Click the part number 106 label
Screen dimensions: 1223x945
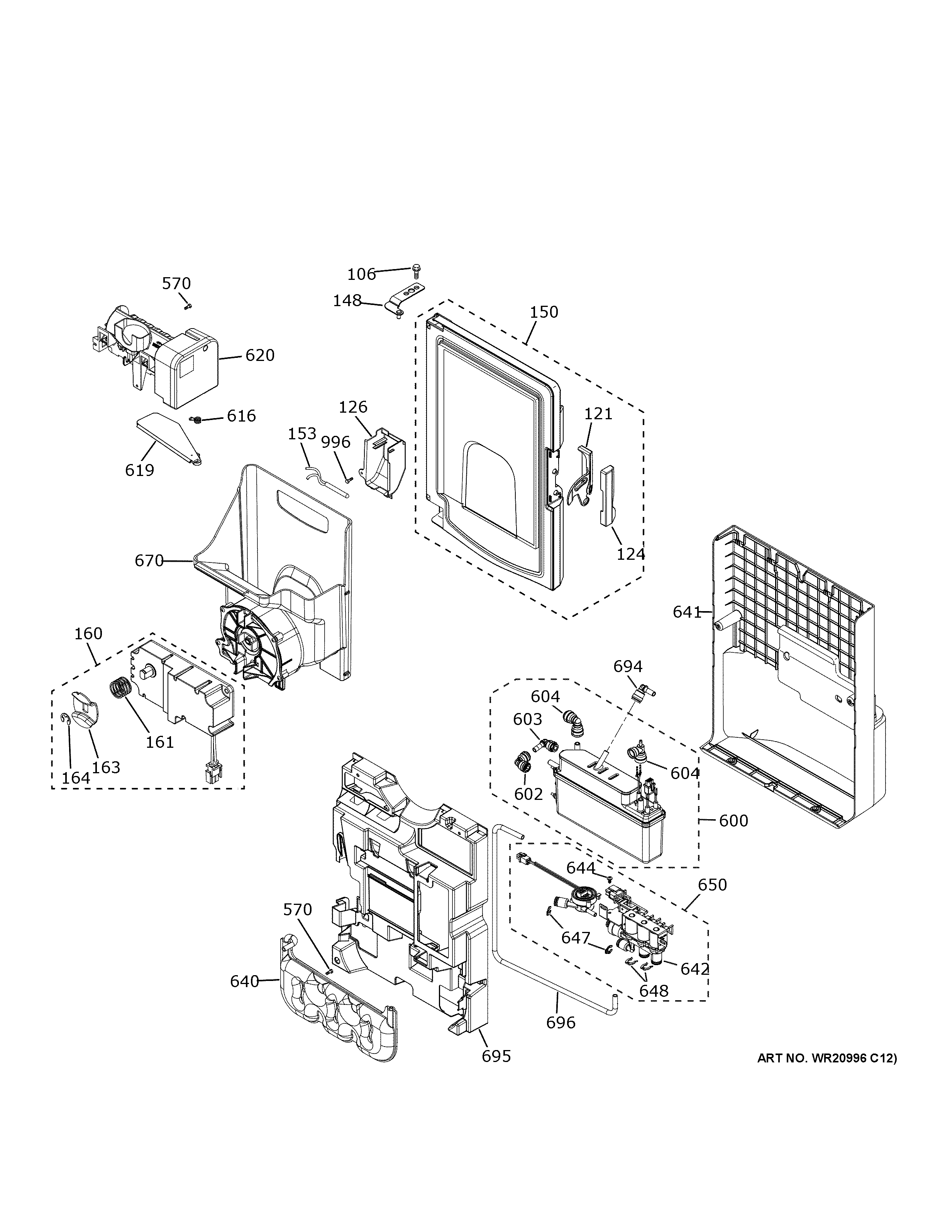tap(361, 274)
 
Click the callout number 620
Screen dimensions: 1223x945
tap(260, 355)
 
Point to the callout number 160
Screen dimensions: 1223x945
tap(88, 634)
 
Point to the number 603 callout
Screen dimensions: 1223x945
tap(527, 719)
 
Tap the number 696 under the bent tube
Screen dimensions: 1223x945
tap(561, 1023)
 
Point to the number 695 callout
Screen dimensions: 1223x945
tap(496, 1056)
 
